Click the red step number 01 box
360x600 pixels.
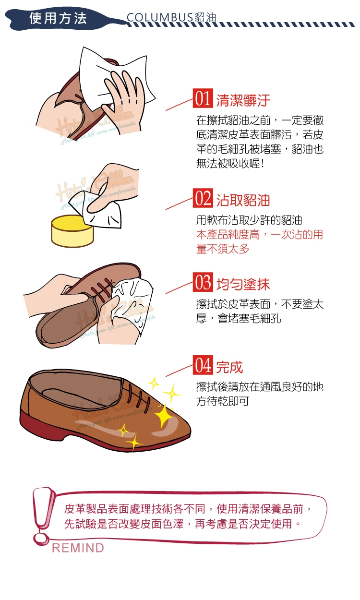tap(203, 98)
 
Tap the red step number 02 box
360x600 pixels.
tap(203, 198)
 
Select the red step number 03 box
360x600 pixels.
tap(203, 282)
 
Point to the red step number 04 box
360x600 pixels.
tap(203, 365)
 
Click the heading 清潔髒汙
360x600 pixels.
tap(243, 100)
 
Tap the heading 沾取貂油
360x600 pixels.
tap(243, 200)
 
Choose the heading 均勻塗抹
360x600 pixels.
tap(243, 284)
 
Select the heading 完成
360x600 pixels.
tap(229, 367)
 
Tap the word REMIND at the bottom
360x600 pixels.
tap(78, 548)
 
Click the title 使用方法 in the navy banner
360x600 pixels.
tap(58, 18)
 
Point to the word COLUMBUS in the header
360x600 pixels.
tap(160, 18)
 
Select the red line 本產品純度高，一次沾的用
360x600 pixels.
tap(260, 235)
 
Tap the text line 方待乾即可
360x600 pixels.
tap(223, 401)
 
